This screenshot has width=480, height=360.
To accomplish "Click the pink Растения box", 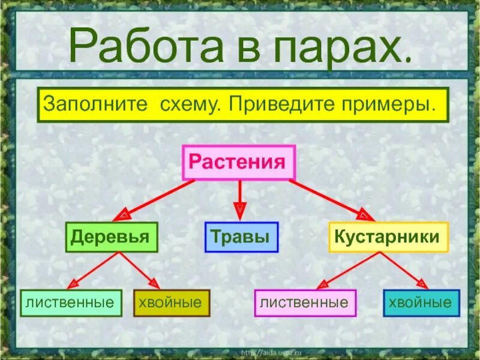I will [x=238, y=163].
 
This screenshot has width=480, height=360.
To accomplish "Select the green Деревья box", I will [x=112, y=237].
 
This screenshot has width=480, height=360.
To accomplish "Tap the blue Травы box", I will [x=241, y=237].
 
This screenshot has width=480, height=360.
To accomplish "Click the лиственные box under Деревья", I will [x=70, y=302].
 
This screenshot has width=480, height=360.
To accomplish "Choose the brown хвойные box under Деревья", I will [x=171, y=302].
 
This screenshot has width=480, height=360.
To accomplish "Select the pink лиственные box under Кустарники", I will [x=305, y=302].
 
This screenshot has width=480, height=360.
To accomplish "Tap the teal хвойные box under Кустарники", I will [x=421, y=302].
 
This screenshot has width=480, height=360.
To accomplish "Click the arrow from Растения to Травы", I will [x=240, y=198].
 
